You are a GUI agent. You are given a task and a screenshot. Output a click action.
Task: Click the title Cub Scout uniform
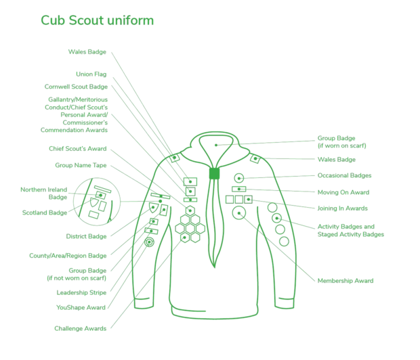tap(98, 20)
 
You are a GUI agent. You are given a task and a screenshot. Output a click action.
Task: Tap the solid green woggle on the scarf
tap(214, 173)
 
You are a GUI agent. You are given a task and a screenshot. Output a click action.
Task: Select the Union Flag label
tap(91, 74)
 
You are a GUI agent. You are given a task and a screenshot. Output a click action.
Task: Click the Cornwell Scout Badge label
tap(76, 87)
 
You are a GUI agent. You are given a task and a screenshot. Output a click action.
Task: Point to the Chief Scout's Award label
tap(78, 149)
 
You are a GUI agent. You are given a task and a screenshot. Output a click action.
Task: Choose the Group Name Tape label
tap(81, 165)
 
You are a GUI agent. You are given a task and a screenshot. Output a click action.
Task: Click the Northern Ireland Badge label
tap(44, 194)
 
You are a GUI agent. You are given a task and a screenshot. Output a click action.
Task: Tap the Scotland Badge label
tap(45, 212)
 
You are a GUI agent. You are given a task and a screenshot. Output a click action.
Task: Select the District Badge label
tap(86, 236)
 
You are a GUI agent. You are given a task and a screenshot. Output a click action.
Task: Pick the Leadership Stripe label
tap(81, 292)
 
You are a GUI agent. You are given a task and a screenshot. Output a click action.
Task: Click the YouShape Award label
tap(81, 307)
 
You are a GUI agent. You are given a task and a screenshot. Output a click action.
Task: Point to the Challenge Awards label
tap(81, 328)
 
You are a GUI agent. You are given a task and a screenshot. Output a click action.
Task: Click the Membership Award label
tap(345, 281)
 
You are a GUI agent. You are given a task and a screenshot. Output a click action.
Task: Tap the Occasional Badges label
tap(344, 175)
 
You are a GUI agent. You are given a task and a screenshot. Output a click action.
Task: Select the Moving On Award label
tap(343, 192)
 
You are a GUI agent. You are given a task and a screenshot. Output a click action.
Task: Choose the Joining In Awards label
tap(343, 208)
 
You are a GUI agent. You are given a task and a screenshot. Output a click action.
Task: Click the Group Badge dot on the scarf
tap(216, 145)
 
